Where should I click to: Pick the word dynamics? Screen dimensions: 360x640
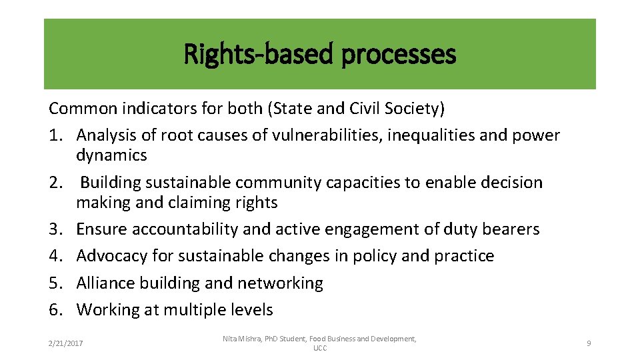[111, 155]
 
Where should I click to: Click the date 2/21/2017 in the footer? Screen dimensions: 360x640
[66, 343]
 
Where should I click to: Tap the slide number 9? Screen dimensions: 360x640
[589, 343]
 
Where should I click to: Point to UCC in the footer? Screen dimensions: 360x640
[319, 349]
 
